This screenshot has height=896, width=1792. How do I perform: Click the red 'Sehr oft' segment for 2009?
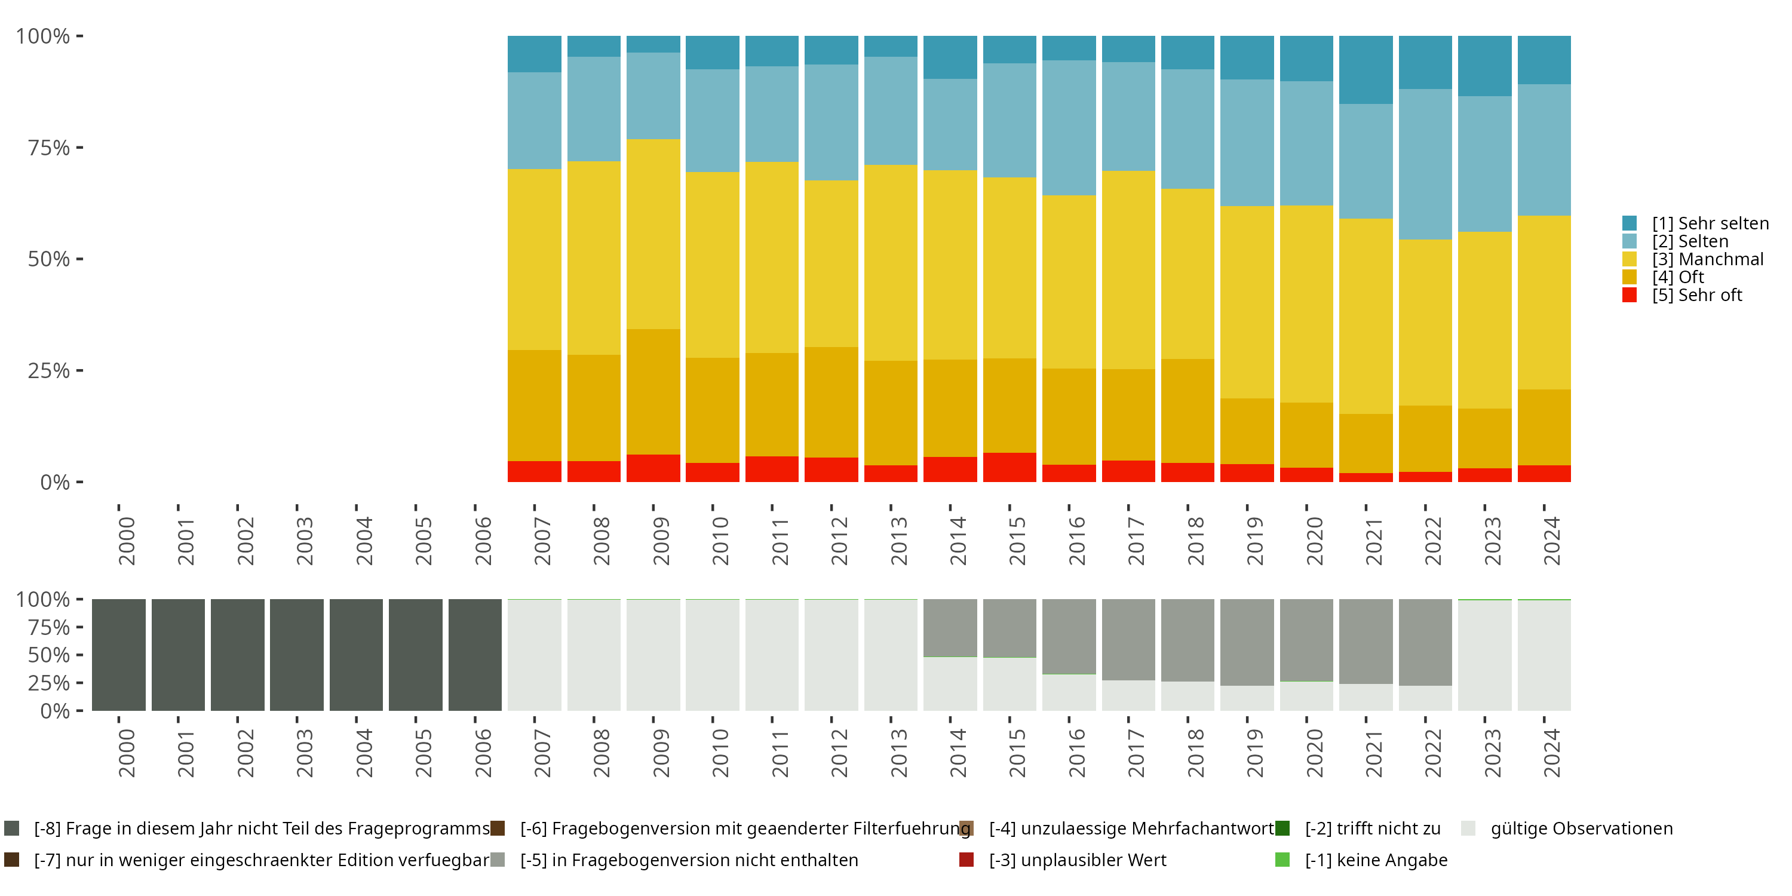point(653,468)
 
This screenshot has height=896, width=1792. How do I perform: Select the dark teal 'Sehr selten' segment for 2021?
point(1366,69)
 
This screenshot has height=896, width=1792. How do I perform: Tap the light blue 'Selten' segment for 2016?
point(1069,128)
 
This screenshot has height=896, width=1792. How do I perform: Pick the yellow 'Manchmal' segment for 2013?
point(891,263)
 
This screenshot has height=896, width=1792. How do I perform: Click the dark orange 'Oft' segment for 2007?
point(534,406)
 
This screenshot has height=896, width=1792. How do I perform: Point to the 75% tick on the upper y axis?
point(79,148)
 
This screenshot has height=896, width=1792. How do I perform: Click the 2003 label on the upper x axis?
point(305,541)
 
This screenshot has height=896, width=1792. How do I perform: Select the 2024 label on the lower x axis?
point(1551,753)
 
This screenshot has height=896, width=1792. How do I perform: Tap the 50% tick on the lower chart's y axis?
point(79,655)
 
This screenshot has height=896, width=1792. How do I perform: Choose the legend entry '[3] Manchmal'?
point(1707,259)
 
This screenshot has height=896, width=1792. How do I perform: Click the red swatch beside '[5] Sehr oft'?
point(1629,295)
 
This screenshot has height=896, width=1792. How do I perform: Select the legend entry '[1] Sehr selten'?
point(1710,223)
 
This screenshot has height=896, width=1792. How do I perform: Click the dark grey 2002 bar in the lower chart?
point(237,655)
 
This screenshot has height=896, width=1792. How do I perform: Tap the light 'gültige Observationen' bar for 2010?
point(713,655)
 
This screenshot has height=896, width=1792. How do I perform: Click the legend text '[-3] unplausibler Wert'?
point(1077,860)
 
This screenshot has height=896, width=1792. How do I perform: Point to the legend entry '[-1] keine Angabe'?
point(1375,860)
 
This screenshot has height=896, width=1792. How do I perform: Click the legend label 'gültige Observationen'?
point(1581,829)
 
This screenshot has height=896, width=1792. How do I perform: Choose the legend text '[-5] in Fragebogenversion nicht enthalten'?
point(689,860)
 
